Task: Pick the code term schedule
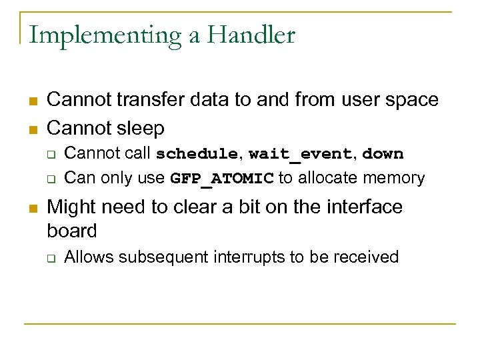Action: tap(197, 154)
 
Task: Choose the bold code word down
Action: tap(383, 154)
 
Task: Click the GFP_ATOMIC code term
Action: tap(222, 179)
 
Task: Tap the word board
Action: tap(72, 231)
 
